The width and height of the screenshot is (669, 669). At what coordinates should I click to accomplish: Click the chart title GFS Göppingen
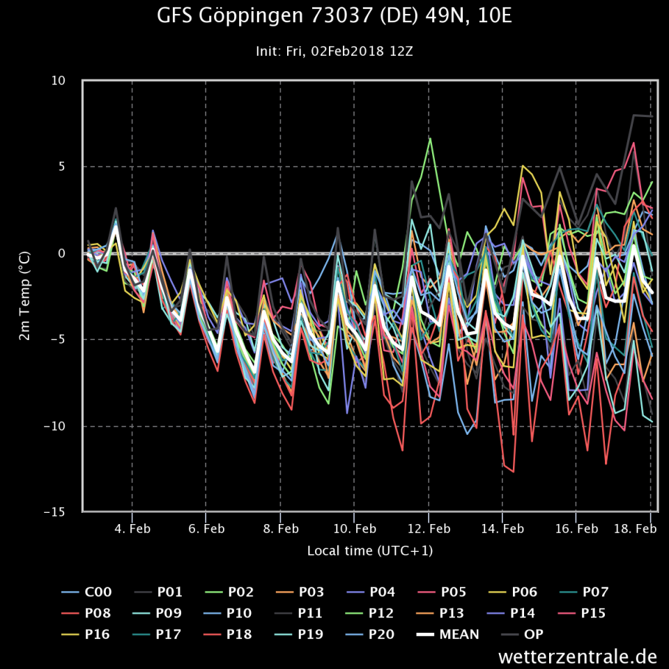point(334,15)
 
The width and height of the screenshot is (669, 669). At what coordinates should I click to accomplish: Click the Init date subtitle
point(334,51)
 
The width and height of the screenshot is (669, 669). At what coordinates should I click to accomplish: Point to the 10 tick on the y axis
point(59,81)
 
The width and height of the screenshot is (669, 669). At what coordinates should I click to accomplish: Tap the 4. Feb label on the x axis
point(132,529)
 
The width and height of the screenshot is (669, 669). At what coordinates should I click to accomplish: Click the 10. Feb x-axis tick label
point(354,529)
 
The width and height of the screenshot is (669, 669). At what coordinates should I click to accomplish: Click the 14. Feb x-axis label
point(502,529)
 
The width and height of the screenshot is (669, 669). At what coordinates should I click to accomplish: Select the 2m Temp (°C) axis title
point(24,296)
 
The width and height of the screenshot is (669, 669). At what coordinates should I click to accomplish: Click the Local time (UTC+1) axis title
point(370,551)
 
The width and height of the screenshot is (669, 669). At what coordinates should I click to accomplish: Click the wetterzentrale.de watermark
point(578,656)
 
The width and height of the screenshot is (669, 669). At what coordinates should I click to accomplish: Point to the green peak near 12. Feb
point(430,139)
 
